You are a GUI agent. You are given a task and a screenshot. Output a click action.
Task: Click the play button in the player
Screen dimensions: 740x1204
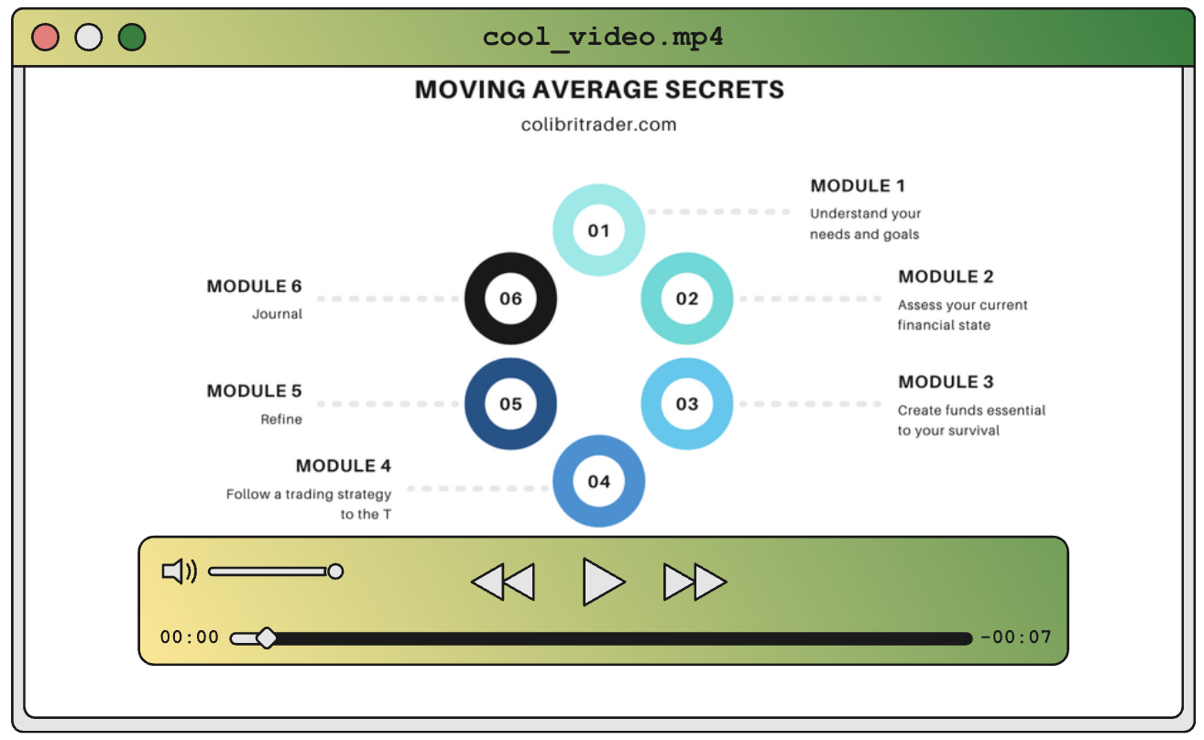coord(602,582)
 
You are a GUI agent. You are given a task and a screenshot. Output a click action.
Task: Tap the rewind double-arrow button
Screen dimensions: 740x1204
coord(503,582)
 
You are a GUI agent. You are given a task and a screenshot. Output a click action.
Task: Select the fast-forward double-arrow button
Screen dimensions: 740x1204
coord(695,582)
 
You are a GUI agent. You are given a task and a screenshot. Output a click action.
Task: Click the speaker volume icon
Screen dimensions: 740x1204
coord(179,571)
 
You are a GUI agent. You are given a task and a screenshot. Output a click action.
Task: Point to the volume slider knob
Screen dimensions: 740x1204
coord(335,571)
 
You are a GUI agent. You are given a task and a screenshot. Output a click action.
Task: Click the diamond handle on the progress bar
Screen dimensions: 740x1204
coord(266,638)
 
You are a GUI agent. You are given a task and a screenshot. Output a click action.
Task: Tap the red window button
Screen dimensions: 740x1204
coord(45,38)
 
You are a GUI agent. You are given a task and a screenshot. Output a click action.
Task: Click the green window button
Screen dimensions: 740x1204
coord(132,38)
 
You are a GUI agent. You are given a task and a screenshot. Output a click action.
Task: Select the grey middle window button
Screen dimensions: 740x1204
coord(88,38)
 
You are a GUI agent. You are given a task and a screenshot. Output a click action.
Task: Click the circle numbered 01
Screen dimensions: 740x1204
coord(598,230)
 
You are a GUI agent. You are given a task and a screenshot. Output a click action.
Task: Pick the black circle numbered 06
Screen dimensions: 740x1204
coord(510,299)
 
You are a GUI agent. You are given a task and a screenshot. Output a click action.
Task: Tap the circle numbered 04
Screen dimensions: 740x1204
coord(598,482)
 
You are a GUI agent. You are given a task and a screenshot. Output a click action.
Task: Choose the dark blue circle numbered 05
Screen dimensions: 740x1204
coord(510,404)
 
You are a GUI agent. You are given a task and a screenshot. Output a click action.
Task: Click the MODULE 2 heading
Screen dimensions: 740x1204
coord(946,277)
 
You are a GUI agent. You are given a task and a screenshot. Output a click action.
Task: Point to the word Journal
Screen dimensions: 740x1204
coord(277,314)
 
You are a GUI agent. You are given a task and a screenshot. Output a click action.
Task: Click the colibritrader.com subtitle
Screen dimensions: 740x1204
coord(598,125)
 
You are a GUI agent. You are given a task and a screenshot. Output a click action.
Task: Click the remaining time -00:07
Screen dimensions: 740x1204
coord(1015,637)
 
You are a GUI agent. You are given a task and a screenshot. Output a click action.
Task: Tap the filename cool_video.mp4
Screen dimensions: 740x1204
coord(603,38)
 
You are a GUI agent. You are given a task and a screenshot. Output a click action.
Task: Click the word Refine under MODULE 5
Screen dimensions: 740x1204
coord(281,419)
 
